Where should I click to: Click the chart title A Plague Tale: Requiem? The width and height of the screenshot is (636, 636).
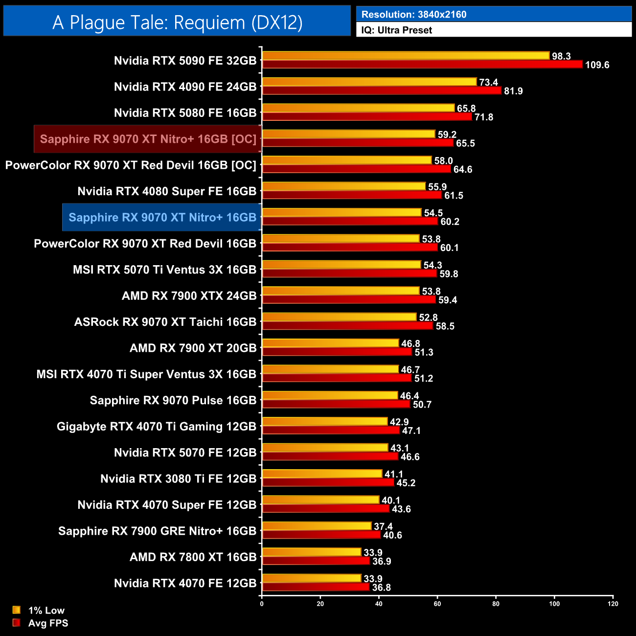177,23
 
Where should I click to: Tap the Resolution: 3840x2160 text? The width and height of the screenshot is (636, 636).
413,15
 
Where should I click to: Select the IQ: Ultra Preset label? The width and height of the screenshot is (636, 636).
396,30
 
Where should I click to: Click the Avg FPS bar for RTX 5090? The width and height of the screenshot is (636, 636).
422,65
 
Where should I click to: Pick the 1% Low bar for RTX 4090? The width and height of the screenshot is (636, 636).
369,82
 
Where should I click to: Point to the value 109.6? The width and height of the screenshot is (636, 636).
597,65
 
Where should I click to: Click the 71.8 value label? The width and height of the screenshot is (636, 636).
483,117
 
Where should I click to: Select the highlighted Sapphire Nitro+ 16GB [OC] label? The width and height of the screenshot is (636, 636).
148,139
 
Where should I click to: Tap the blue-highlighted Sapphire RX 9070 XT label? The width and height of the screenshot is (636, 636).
162,217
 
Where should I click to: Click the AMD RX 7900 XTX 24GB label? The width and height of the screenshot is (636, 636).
189,296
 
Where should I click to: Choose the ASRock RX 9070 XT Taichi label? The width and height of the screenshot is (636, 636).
165,322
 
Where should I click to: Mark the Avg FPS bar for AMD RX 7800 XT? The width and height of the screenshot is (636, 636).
316,561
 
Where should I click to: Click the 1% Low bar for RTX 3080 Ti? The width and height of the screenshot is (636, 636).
322,474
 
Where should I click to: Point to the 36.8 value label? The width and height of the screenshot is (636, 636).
381,588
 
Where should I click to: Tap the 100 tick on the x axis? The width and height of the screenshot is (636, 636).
554,604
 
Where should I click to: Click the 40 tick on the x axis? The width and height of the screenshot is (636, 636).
379,604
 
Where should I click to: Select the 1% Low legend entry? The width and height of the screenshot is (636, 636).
39,610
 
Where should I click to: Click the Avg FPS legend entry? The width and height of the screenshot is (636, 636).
41,623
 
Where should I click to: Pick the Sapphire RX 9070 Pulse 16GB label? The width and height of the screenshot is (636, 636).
173,400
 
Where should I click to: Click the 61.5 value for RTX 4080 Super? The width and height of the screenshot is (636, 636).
454,196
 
